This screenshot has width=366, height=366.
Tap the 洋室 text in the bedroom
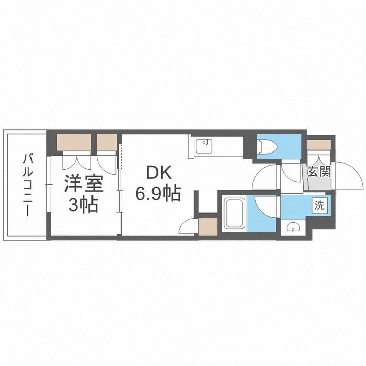point(83,184)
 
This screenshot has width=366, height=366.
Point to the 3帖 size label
point(83,206)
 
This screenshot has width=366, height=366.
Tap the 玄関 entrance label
point(319,171)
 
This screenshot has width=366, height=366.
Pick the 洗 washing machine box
point(319,206)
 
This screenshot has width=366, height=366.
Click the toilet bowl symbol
point(265,147)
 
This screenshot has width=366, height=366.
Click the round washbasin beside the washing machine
point(293,228)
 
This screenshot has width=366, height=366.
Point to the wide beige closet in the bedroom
point(74,142)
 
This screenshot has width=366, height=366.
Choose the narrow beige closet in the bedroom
point(107,142)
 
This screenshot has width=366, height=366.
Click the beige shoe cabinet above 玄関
point(319,145)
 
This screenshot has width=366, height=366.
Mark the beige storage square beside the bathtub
point(207,226)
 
